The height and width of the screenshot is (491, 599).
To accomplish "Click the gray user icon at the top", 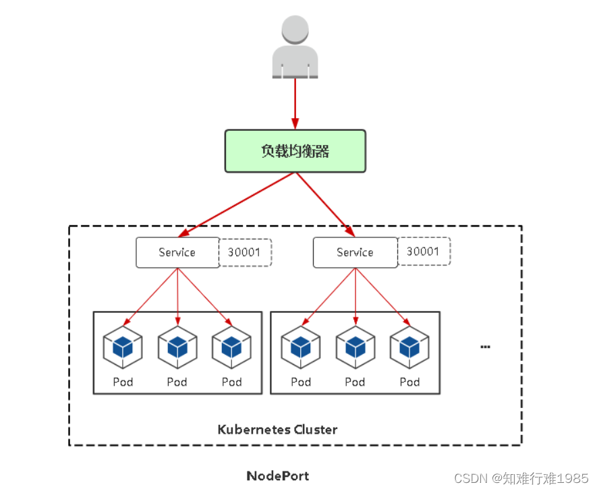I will click(295, 47).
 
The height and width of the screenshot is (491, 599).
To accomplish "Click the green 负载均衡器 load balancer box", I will click(295, 150).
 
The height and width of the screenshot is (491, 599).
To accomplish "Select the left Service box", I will click(177, 252).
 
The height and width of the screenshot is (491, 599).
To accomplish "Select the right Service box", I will click(355, 253).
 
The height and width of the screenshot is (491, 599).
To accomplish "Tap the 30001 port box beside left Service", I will click(246, 252).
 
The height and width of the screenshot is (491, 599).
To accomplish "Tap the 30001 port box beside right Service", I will click(423, 252).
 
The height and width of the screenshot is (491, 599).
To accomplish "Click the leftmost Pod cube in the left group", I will click(123, 347).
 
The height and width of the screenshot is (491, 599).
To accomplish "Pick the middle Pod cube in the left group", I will click(177, 347).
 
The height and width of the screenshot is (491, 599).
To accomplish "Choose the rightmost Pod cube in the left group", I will click(231, 347).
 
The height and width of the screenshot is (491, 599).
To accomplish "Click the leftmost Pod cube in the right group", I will click(301, 347).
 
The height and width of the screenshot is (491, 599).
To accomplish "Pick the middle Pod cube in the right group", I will click(355, 347).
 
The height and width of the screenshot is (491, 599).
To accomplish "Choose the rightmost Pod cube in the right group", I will click(409, 347).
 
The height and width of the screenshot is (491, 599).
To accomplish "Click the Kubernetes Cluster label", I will click(277, 429).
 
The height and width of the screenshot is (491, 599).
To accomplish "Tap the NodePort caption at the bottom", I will click(277, 475).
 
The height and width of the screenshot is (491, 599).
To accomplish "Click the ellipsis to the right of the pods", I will click(485, 347).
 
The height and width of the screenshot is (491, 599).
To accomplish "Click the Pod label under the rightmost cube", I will click(409, 382).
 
